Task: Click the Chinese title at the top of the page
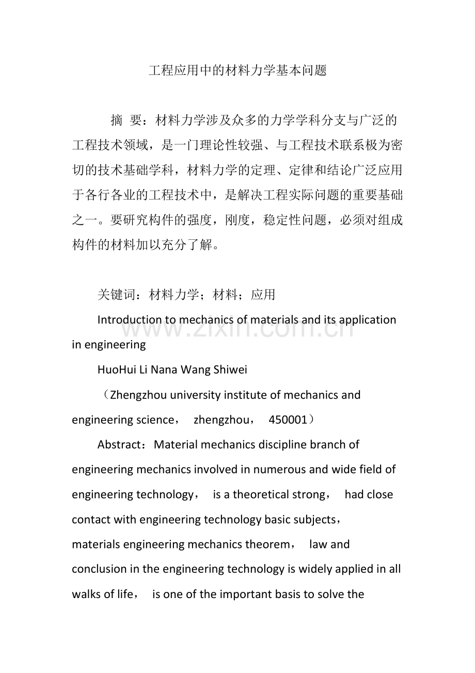[x=237, y=71]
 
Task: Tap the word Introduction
[x=129, y=320]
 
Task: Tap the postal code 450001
[x=288, y=420]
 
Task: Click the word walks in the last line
[x=86, y=594]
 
